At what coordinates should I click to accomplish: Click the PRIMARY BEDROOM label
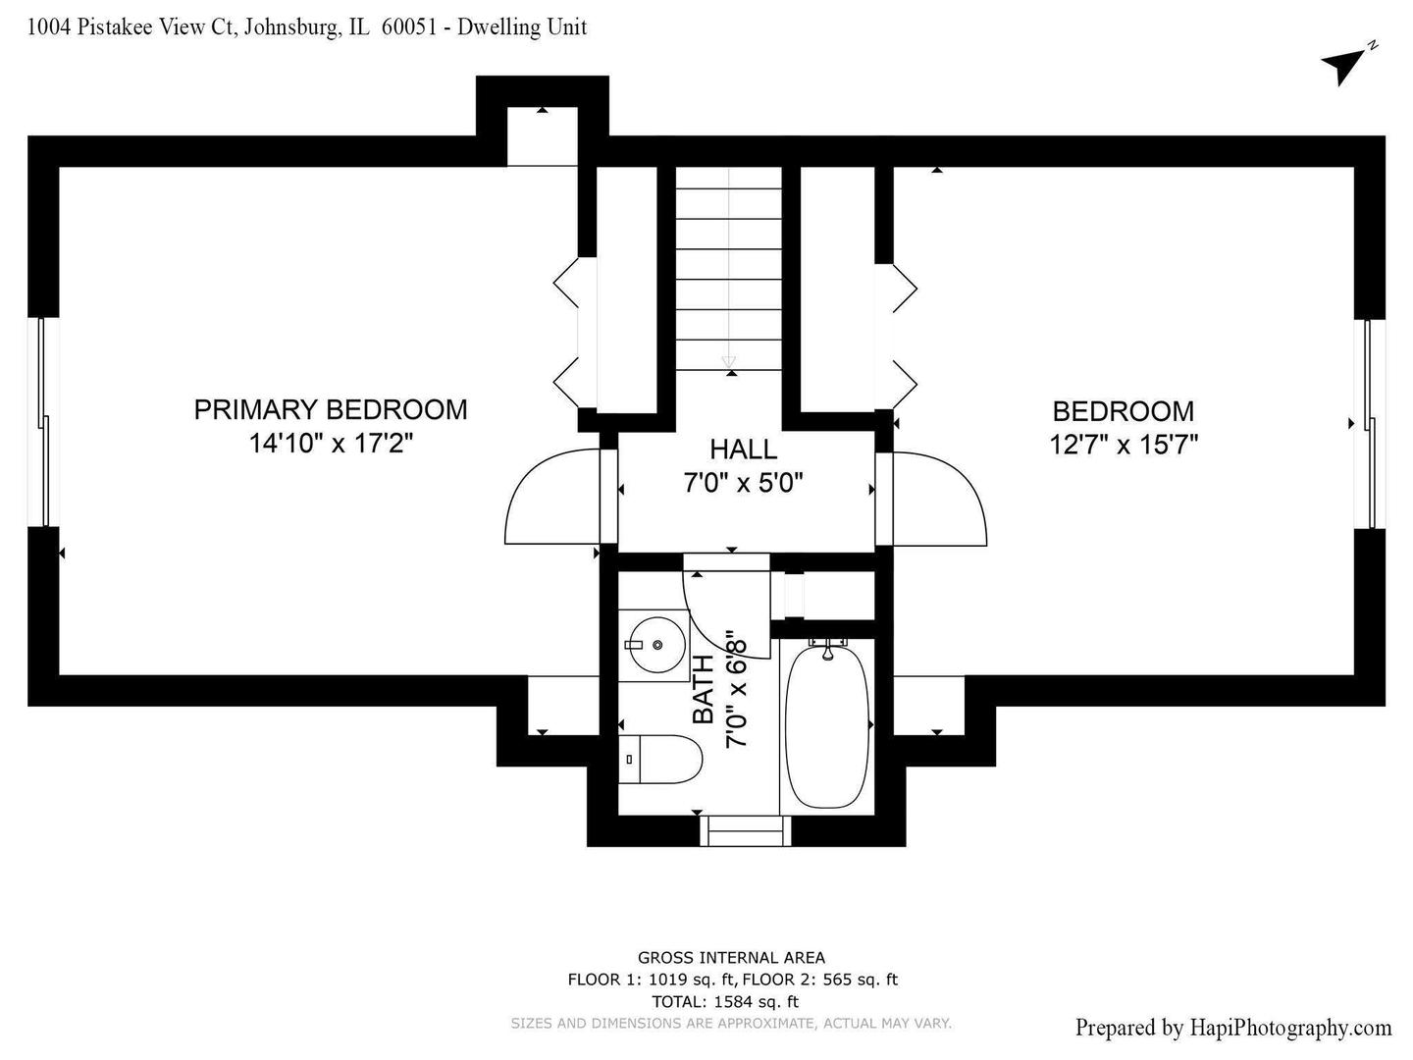tap(331, 410)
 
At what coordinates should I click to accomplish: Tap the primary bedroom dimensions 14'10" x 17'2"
tap(331, 444)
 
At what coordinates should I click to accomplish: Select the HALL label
tap(744, 450)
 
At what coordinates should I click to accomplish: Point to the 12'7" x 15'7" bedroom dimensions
tap(1124, 445)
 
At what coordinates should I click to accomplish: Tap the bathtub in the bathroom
tap(827, 726)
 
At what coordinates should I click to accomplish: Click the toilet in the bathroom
tap(659, 760)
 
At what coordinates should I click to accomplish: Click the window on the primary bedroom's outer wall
tap(43, 422)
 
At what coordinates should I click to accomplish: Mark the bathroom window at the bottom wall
tap(746, 831)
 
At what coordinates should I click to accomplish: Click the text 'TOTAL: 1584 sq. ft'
tap(725, 1001)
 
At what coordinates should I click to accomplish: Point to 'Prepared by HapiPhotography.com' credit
tap(1233, 1028)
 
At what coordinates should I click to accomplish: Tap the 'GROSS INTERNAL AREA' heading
tap(731, 958)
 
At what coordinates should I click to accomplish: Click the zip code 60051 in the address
tap(409, 27)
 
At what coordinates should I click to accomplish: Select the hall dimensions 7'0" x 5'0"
tap(744, 483)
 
